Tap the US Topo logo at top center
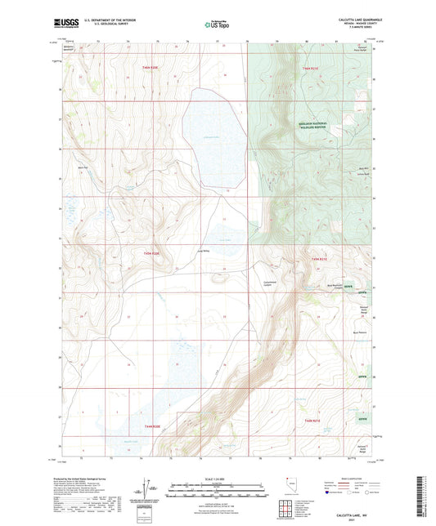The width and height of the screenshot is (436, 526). tap(217, 25)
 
